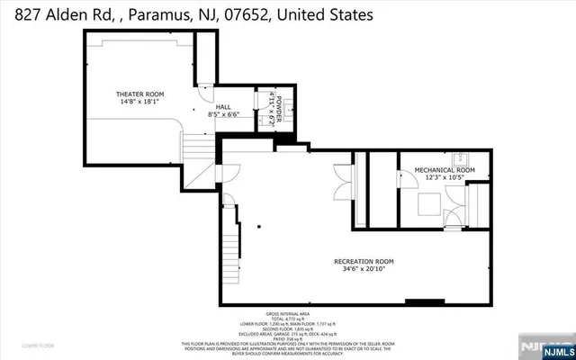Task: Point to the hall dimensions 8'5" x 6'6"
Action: [223, 114]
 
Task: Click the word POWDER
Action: [279, 106]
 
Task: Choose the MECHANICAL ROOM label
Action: [444, 169]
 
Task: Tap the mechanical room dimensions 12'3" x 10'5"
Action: [444, 177]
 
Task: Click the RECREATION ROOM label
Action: [366, 261]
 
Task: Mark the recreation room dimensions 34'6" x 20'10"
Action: [366, 270]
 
